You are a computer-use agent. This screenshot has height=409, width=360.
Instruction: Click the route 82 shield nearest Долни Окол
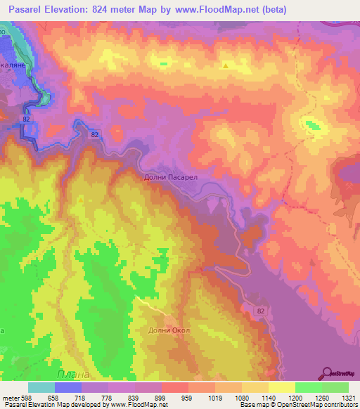[261, 311]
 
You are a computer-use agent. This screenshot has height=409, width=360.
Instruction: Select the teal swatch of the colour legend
[41, 387]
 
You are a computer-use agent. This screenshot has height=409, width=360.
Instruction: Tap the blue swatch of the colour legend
[67, 387]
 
